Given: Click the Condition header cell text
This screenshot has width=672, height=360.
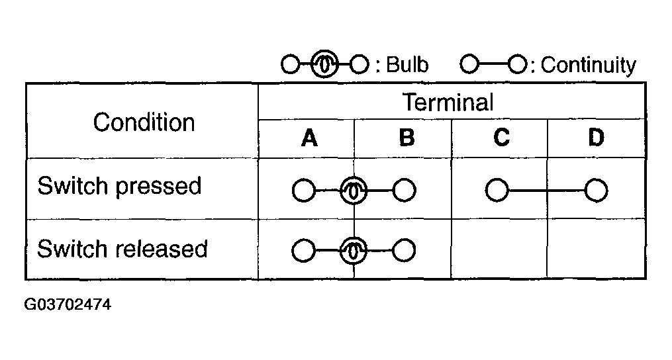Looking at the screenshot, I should click(x=144, y=122).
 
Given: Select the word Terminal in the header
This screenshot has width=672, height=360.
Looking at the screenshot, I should click(x=448, y=103).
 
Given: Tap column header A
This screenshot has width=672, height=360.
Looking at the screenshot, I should click(x=309, y=138).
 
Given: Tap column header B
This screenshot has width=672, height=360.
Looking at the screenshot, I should click(x=407, y=138).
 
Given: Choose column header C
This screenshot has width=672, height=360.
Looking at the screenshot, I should click(x=501, y=138).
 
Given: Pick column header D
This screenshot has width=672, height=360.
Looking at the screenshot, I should click(x=596, y=138).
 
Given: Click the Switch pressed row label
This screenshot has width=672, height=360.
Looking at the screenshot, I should click(x=119, y=186).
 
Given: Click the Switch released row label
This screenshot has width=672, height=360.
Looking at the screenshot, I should click(x=122, y=249).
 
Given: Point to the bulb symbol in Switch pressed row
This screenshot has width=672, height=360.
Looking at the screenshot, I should click(x=354, y=191).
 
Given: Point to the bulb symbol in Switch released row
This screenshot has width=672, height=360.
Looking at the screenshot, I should click(x=354, y=252).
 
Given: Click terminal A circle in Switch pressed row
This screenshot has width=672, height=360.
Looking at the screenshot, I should click(x=303, y=191).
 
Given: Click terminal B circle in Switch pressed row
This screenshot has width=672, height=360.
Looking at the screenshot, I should click(x=404, y=191).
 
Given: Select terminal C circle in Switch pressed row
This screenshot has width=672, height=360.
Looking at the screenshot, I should click(x=497, y=191).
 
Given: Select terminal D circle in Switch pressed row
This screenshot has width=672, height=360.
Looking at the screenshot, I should click(x=596, y=191).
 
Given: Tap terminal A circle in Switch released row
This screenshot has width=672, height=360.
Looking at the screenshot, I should click(x=303, y=252).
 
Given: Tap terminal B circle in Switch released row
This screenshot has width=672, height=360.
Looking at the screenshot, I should click(x=404, y=252).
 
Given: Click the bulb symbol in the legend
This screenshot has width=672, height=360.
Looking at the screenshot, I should click(x=324, y=64).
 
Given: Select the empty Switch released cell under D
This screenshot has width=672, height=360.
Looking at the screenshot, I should click(x=596, y=249).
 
